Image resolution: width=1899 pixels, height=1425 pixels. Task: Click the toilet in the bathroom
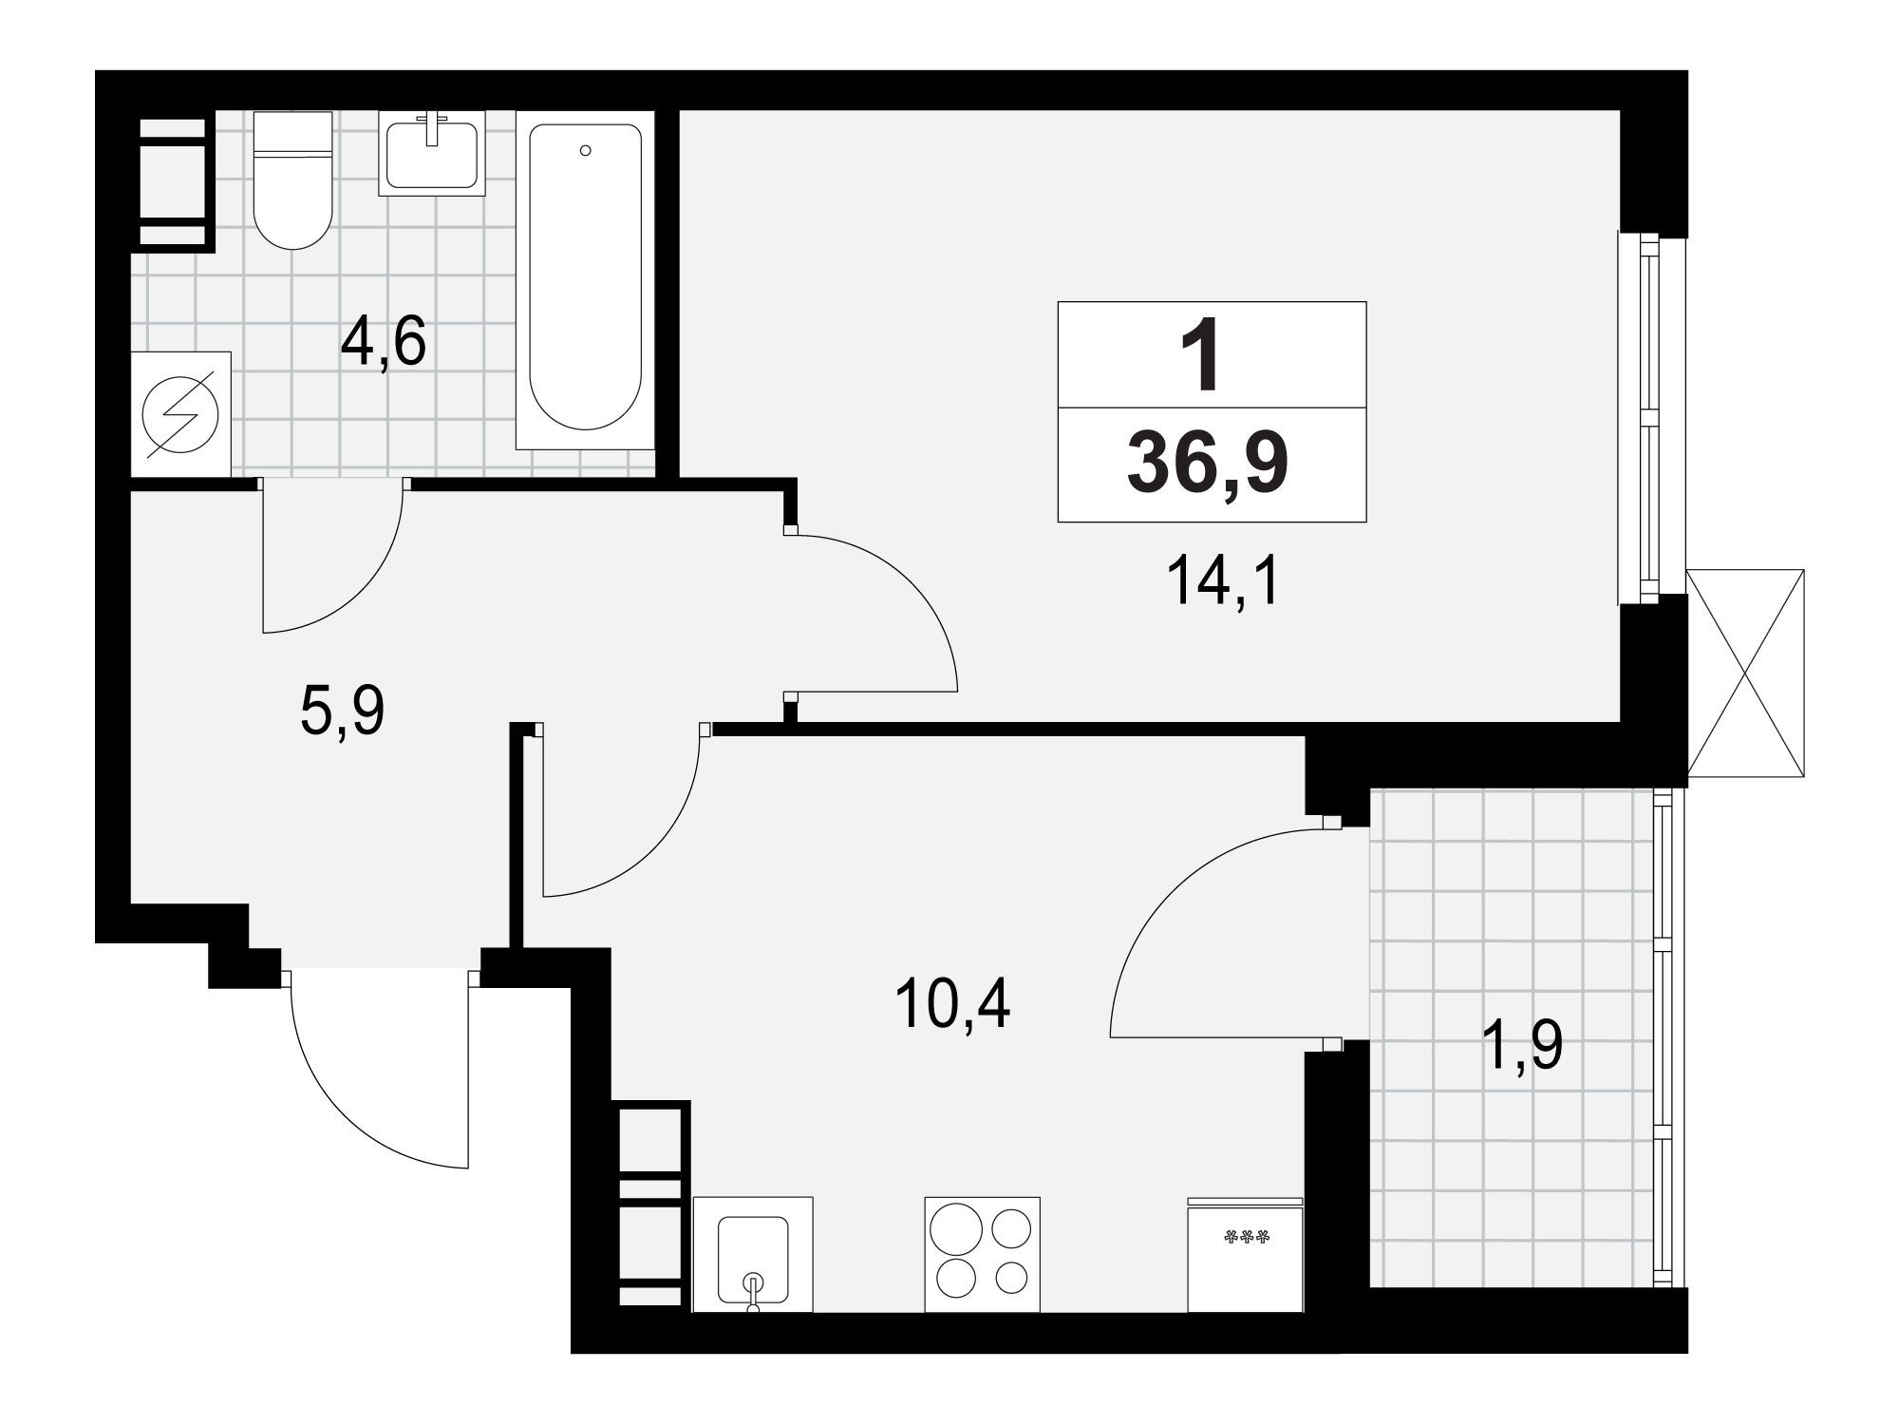pos(293,180)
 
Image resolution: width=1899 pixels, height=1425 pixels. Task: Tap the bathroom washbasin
pos(432,153)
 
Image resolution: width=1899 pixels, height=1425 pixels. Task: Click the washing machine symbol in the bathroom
pos(180,414)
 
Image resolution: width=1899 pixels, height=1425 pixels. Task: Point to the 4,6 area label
pos(383,343)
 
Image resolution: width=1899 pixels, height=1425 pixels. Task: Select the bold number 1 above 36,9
pos(1201,357)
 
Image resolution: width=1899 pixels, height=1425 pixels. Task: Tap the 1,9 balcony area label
pos(1521,1046)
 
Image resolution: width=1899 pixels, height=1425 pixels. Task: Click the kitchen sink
pos(754,1254)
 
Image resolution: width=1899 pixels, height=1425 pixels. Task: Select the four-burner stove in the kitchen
pos(983,1254)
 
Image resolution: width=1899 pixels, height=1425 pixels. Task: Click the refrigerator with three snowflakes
pos(1246,1254)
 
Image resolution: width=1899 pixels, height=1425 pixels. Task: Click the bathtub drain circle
pos(586,150)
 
